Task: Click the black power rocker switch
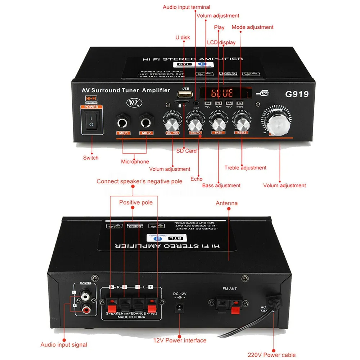(91, 121)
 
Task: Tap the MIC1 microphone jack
(122, 123)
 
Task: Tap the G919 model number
(297, 94)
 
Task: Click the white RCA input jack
(86, 297)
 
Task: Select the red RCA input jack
(86, 309)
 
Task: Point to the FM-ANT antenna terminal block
(226, 304)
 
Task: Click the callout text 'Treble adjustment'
(245, 168)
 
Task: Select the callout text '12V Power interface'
(180, 340)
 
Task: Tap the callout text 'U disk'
(183, 37)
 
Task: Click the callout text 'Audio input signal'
(64, 345)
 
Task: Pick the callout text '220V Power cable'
(272, 355)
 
